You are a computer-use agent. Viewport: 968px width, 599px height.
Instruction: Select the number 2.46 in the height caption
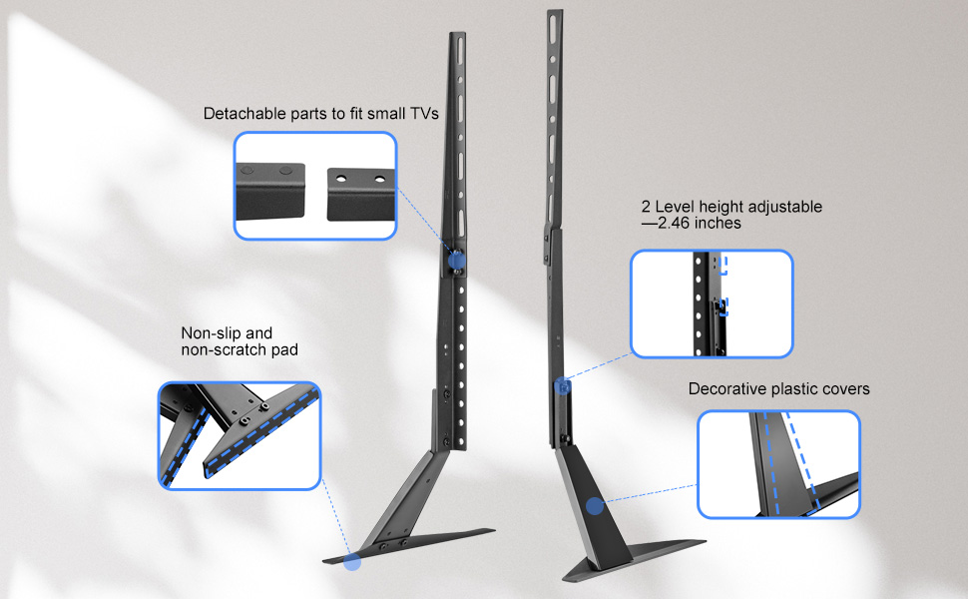coord(674,224)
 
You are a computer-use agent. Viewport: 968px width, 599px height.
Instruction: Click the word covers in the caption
coord(844,388)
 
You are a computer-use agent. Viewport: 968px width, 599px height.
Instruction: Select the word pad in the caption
coord(281,350)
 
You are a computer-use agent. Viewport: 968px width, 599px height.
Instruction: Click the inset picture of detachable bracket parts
coord(315,186)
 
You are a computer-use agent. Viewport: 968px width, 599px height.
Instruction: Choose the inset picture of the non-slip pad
coord(239,435)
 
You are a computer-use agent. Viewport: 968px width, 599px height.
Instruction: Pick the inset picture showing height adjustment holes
coord(712,303)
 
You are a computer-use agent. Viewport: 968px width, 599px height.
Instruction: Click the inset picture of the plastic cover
coord(778,464)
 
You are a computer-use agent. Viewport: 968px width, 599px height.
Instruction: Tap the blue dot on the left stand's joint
coord(456,260)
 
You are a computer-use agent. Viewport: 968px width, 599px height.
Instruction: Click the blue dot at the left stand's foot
coord(351,562)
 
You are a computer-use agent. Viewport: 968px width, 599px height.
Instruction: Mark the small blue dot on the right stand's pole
coord(565,385)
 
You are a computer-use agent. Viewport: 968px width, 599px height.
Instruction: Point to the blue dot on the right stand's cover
coord(595,507)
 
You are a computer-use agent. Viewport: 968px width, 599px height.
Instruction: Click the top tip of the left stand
coord(456,36)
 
